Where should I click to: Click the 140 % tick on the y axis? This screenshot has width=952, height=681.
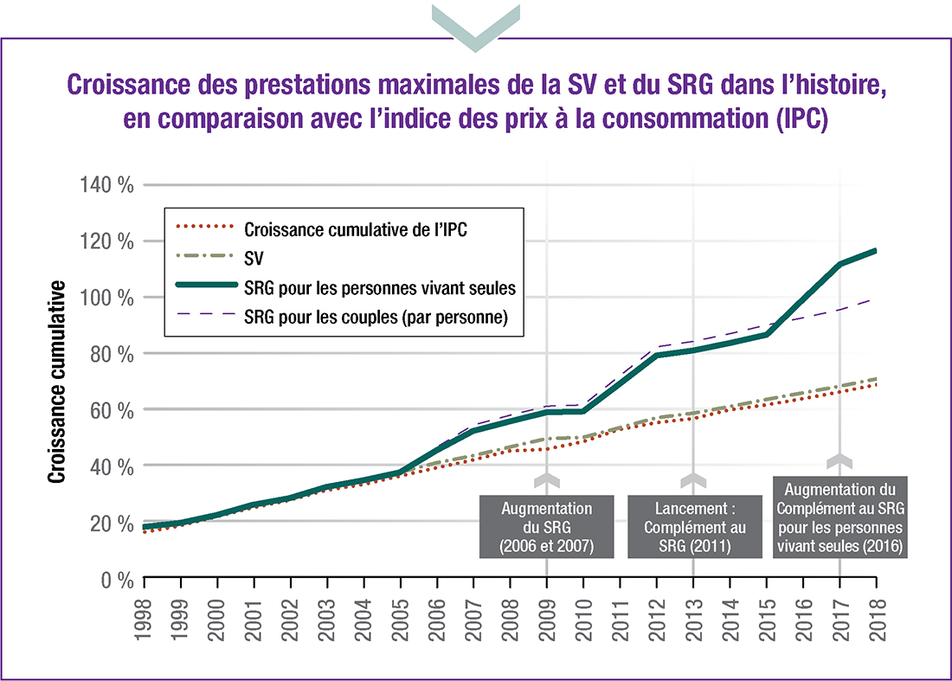[x=107, y=184]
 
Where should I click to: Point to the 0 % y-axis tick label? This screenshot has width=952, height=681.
[x=115, y=579]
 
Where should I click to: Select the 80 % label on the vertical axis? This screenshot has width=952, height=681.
[x=111, y=354]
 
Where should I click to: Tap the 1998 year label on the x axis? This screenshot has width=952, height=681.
[x=144, y=617]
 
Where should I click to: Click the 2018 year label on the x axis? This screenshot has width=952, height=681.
[x=876, y=617]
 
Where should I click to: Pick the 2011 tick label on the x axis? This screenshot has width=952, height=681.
[x=620, y=617]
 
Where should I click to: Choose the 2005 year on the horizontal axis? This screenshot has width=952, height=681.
[x=400, y=617]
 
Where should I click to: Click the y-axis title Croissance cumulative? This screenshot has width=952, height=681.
[x=56, y=382]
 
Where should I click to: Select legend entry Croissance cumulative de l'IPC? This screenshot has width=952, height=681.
[x=357, y=230]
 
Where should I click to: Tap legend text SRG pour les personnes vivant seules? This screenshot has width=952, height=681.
[x=380, y=288]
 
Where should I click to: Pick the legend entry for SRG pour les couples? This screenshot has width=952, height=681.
[x=375, y=318]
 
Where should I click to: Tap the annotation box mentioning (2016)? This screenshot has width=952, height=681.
[x=840, y=517]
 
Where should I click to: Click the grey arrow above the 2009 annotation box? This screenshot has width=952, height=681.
[x=547, y=481]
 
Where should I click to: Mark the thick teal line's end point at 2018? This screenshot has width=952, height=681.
[x=875, y=251]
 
